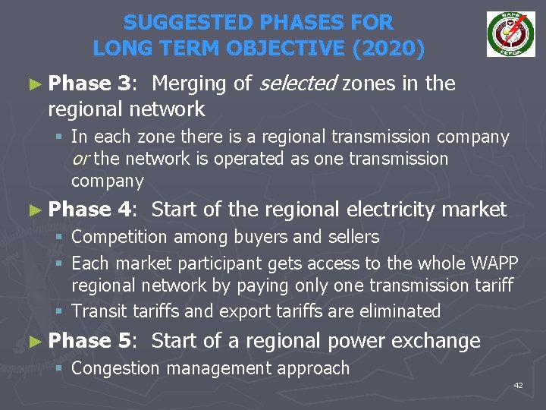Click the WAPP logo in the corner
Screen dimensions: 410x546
click(510, 34)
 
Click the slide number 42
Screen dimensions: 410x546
click(519, 386)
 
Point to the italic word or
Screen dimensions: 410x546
click(80, 159)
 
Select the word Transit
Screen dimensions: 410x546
click(98, 311)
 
